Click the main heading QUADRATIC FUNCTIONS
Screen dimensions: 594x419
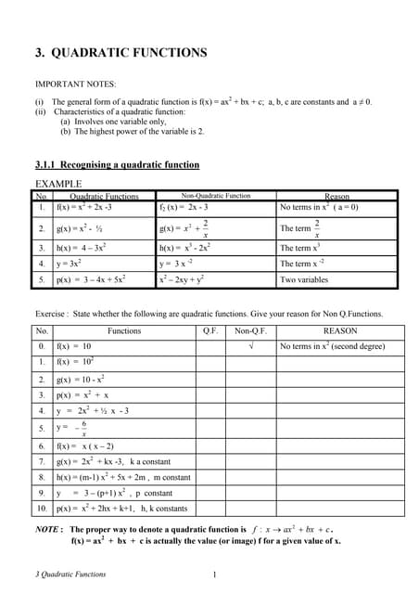coord(121,53)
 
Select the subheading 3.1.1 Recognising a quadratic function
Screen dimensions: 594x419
coord(116,165)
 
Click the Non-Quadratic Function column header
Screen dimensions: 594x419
coord(215,196)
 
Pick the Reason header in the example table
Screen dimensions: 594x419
coord(337,196)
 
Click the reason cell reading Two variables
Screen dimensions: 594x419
coord(304,278)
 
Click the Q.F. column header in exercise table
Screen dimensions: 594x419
coord(210,330)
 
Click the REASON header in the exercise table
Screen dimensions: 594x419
coord(339,330)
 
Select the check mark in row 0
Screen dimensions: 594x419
coord(250,346)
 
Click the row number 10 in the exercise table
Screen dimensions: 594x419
coord(42,509)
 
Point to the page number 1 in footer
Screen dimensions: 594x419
coord(215,574)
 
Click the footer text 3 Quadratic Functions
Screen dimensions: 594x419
coord(70,574)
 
